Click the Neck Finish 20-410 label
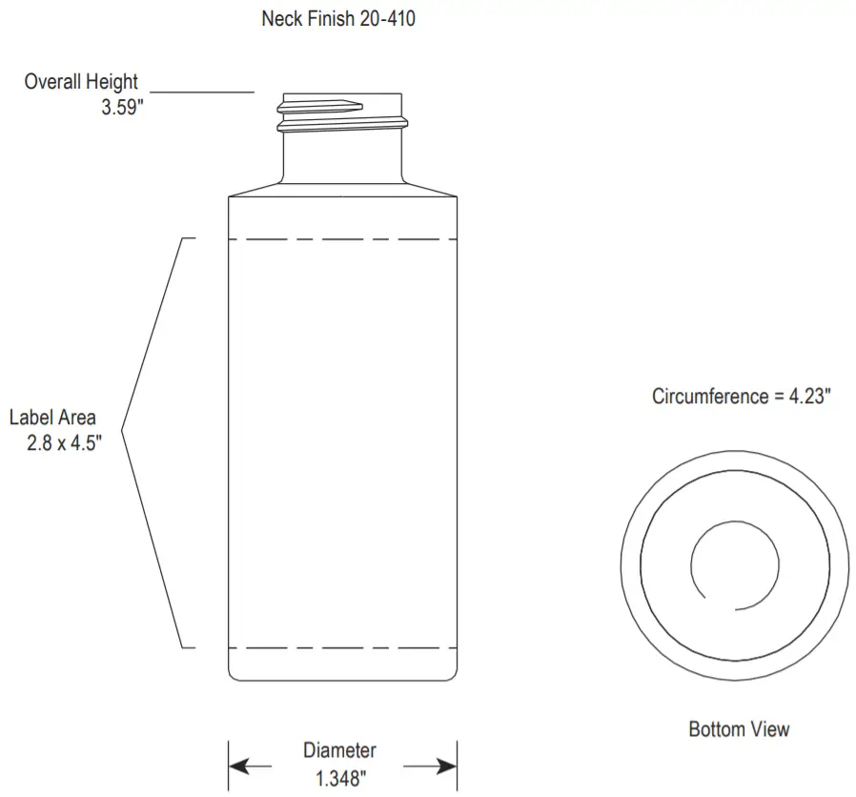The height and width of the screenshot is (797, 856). click(337, 19)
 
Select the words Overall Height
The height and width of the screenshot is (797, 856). click(81, 82)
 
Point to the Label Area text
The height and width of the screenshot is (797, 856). click(52, 418)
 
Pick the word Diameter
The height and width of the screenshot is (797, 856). click(339, 751)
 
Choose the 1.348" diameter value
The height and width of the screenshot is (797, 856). click(340, 778)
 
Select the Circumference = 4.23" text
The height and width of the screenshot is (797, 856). click(742, 397)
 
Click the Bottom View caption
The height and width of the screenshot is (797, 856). click(739, 729)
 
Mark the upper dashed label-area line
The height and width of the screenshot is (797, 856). click(342, 238)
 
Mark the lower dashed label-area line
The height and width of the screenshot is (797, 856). click(342, 648)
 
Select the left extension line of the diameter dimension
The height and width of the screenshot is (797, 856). click(229, 766)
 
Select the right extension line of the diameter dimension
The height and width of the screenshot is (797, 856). click(458, 766)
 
